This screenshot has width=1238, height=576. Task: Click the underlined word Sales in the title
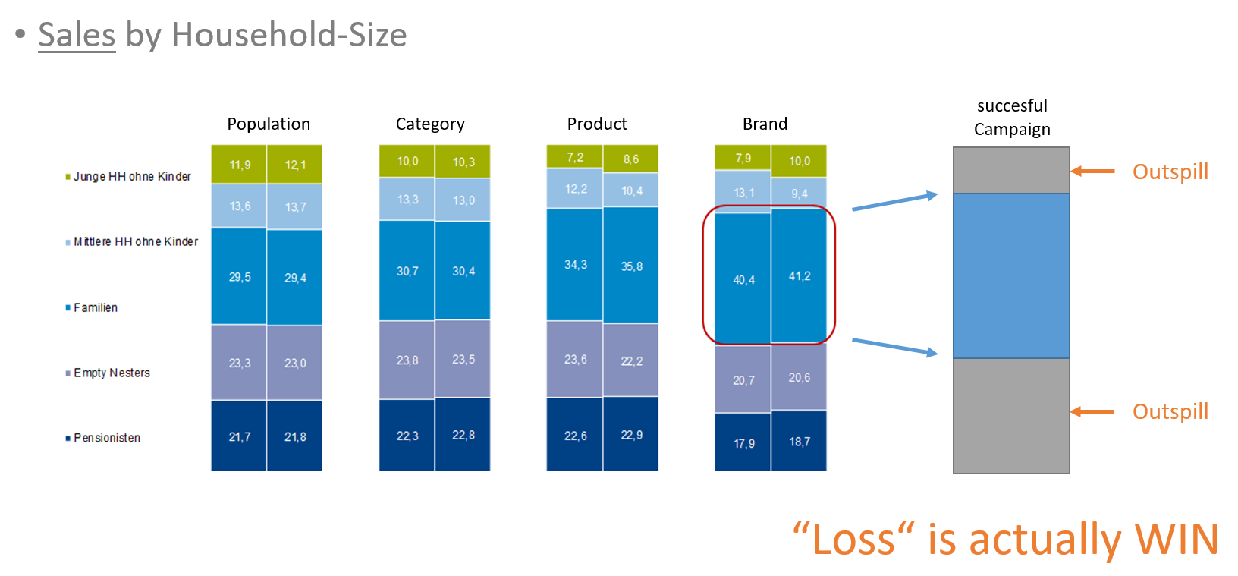[x=77, y=35]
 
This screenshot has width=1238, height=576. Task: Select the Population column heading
[x=269, y=124]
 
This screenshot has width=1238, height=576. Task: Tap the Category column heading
[x=430, y=124]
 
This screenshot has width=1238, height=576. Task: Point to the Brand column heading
[x=765, y=124]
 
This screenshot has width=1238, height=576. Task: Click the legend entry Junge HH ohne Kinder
[x=128, y=176]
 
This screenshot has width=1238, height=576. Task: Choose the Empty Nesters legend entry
[x=108, y=373]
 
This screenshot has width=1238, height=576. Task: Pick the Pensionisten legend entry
[x=103, y=438]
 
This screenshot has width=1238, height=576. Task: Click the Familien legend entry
[x=92, y=307]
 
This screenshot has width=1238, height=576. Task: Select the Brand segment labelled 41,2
[x=800, y=275]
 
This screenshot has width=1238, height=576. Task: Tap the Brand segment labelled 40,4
[x=743, y=279]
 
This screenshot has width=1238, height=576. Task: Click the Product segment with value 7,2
[x=575, y=157]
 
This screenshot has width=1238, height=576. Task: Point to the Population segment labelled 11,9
[x=239, y=165]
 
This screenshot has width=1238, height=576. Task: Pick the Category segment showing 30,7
[x=407, y=271]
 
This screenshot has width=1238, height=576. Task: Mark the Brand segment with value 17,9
[x=743, y=442]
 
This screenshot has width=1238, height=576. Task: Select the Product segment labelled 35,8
[x=631, y=266]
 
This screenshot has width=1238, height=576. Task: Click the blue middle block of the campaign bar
[x=1011, y=275]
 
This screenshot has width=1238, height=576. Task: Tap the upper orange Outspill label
[x=1170, y=172]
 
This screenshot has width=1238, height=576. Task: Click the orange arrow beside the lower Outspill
[x=1092, y=412]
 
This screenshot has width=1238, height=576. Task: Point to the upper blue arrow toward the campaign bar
[x=895, y=202]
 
